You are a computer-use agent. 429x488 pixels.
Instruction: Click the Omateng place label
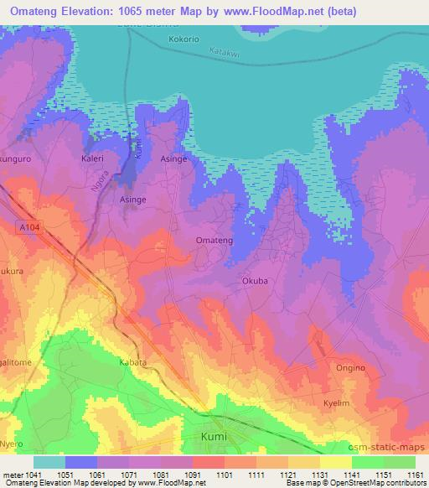tap(214, 241)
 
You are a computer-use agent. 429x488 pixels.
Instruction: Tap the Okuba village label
tap(255, 281)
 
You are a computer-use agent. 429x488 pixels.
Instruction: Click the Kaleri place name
tap(92, 157)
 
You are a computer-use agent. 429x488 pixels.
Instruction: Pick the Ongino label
tap(350, 368)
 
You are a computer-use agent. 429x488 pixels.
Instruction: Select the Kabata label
tap(132, 362)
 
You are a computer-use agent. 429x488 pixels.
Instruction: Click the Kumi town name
tap(214, 437)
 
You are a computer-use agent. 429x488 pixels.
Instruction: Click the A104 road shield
tap(28, 226)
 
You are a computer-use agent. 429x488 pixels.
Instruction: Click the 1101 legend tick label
tap(225, 475)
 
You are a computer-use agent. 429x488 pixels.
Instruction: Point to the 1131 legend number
tap(320, 475)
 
